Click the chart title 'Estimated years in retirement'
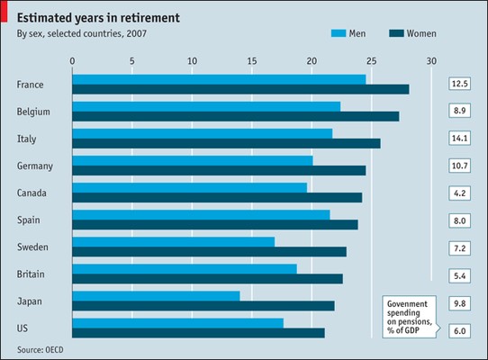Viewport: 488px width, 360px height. [x=98, y=18]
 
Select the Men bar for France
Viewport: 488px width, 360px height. [x=219, y=80]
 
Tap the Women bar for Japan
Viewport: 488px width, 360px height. [x=203, y=306]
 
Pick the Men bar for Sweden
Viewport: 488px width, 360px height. [x=174, y=242]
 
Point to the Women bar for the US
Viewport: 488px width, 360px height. [x=198, y=333]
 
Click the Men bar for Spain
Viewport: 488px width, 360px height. [x=201, y=215]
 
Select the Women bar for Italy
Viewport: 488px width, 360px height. [x=226, y=143]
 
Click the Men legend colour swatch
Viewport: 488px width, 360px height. [x=339, y=33]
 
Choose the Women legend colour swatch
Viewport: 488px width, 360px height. [x=396, y=33]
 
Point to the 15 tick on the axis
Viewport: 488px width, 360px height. [x=252, y=61]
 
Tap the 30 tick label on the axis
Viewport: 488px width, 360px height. [x=431, y=61]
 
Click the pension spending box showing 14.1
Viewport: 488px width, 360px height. [x=460, y=139]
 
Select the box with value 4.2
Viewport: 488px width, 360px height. [x=460, y=193]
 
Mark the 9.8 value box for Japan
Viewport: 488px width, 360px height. [x=460, y=303]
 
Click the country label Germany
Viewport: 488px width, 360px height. [x=35, y=166]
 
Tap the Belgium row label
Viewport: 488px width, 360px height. [x=33, y=112]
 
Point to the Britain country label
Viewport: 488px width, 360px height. [x=31, y=274]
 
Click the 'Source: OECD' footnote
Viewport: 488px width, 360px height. [x=41, y=350]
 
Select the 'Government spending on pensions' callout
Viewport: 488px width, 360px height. [x=410, y=317]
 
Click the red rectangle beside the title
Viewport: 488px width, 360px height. [x=4, y=11]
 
